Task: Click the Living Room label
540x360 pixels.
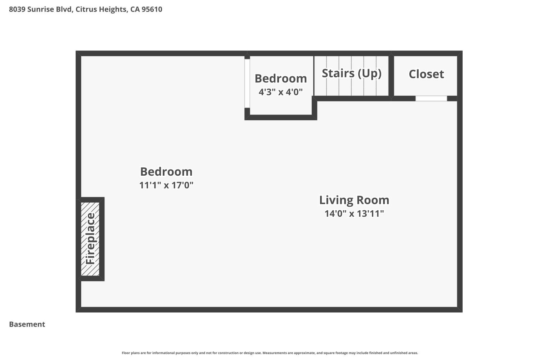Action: (354, 200)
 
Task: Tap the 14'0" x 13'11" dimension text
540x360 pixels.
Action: (354, 213)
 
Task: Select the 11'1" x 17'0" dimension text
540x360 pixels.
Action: (166, 185)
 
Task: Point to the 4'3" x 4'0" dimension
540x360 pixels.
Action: (280, 92)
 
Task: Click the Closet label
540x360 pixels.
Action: (426, 74)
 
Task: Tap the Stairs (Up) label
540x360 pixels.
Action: (352, 73)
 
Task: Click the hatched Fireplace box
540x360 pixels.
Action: (90, 239)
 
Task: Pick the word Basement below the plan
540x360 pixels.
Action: (27, 324)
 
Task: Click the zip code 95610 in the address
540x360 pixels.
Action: (152, 9)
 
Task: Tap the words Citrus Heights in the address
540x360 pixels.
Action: (102, 9)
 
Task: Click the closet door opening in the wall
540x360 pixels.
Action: (431, 98)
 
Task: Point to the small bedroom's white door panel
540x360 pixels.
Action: (247, 84)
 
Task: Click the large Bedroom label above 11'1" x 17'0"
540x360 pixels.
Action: (166, 172)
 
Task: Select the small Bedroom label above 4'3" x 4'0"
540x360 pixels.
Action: (280, 78)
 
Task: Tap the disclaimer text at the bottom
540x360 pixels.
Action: (270, 353)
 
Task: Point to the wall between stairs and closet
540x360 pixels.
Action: (391, 76)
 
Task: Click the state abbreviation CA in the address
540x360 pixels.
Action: (135, 9)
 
